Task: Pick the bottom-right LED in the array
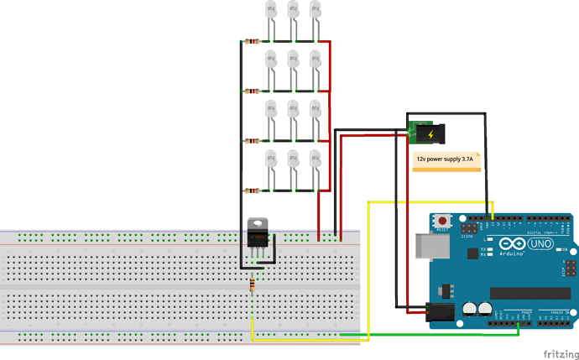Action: pos(316,160)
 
